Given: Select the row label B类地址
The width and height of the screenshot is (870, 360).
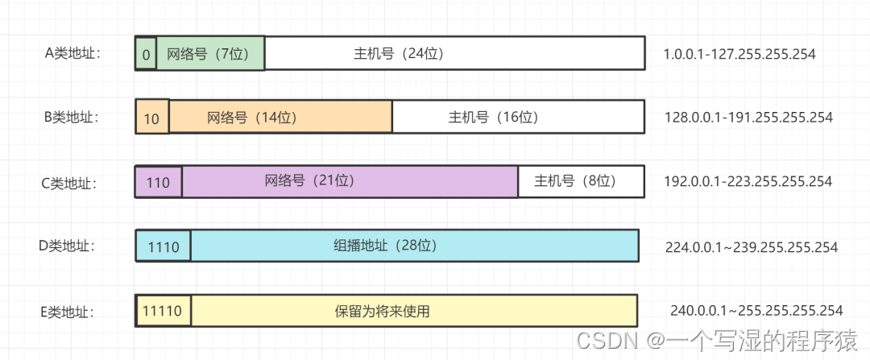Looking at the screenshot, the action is [72, 118].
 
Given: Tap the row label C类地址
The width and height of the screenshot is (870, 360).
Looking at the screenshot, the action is [69, 183].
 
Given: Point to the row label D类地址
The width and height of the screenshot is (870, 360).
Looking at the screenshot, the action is [67, 246].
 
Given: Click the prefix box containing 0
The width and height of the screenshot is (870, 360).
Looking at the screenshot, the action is [146, 55].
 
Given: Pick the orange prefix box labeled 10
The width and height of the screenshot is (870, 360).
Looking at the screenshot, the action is [152, 118].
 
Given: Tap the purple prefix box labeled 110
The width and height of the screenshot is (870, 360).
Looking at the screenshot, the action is [159, 183].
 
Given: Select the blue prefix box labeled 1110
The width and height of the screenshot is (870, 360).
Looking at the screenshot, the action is [164, 247].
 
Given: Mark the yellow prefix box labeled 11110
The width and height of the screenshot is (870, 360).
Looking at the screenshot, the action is [164, 311].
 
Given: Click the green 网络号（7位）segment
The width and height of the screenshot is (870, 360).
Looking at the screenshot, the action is [210, 54].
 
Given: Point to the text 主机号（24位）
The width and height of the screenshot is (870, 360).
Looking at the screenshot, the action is [399, 54].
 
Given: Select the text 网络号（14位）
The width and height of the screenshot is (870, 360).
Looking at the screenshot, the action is [252, 118].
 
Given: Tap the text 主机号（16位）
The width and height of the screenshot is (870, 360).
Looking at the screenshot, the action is [493, 118].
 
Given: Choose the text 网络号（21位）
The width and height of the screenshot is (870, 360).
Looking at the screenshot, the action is [310, 181].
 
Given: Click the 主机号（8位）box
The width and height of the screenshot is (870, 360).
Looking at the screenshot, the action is [580, 182].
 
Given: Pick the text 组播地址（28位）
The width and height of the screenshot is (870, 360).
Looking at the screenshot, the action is [385, 246].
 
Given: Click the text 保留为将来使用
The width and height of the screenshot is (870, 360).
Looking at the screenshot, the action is [382, 311].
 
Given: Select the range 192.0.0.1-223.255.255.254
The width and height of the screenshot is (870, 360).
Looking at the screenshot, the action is [748, 182].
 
